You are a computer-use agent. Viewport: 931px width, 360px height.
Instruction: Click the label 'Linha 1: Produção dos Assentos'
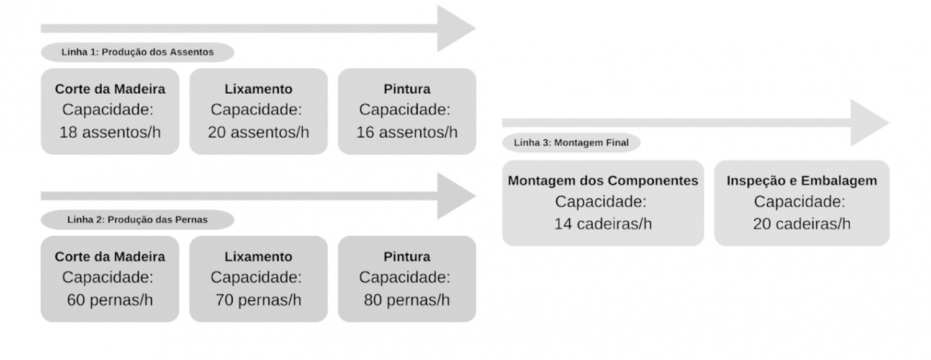pos(138,52)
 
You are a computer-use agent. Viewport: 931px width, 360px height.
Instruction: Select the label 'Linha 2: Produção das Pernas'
pos(138,220)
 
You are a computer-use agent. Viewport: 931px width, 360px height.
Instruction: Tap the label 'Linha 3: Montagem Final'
pos(571,143)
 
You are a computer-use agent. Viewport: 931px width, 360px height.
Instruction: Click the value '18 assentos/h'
pos(110,132)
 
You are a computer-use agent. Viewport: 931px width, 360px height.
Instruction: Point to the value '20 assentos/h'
pos(259,132)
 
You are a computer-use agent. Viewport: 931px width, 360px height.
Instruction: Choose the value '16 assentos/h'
pos(407,132)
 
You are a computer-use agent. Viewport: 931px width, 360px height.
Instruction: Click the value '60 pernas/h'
pos(110,300)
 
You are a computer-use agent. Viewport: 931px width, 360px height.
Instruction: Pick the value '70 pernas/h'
pos(259,300)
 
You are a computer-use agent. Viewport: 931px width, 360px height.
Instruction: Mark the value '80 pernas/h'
pos(407,300)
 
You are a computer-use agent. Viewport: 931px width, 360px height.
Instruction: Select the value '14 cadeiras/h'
pos(603,223)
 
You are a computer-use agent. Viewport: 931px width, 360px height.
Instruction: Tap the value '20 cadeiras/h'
pos(802,223)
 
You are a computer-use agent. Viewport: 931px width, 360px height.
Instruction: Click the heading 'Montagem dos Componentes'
pos(603,181)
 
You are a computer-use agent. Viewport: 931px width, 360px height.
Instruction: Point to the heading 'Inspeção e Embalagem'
pos(802,181)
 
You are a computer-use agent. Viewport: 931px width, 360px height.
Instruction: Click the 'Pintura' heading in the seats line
pos(407,89)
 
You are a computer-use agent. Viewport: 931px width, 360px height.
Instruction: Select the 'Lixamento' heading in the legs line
pos(259,256)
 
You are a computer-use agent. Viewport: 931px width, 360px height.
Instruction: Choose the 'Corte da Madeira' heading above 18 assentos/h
pos(110,89)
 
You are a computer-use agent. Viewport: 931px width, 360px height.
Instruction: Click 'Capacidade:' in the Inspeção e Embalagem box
pos(799,202)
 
